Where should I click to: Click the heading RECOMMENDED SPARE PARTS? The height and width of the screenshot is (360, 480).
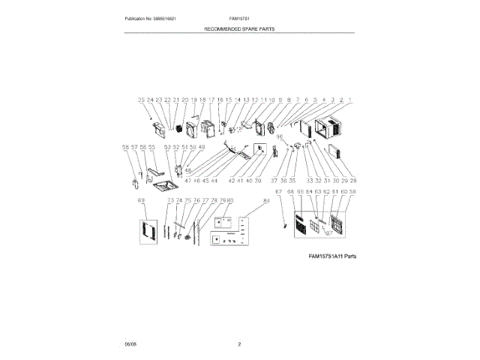tap(240, 28)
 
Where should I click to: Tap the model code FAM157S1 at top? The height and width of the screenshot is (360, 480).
tap(239, 17)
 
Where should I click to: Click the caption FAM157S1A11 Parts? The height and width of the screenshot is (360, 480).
tap(332, 256)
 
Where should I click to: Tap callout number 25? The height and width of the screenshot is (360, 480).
tap(140, 100)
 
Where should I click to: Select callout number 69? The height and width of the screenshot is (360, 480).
tap(141, 201)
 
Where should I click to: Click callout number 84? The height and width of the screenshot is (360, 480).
tap(265, 201)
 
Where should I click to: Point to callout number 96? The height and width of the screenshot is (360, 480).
tap(280, 136)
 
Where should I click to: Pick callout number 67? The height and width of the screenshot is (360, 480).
tap(279, 193)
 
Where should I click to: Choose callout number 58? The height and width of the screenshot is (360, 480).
tap(124, 148)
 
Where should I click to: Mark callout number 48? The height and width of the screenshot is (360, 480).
tap(188, 171)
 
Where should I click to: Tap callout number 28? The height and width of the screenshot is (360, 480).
tap(353, 181)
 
